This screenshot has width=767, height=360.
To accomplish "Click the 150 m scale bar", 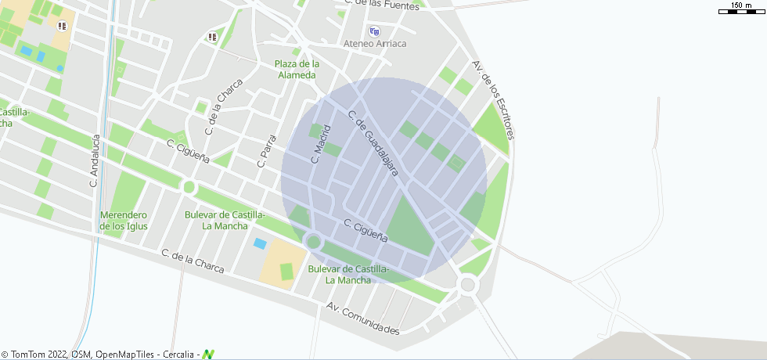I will (x=740, y=8).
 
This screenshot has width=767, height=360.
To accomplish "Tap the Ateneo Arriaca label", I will (x=375, y=44).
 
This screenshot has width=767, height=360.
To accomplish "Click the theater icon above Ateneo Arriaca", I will (x=374, y=31).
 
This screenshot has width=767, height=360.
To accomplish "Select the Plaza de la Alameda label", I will (x=297, y=70).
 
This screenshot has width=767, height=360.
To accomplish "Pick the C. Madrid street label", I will (x=322, y=144).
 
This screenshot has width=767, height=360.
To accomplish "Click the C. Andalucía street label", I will (x=95, y=161).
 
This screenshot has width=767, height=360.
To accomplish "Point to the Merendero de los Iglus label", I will (x=124, y=221).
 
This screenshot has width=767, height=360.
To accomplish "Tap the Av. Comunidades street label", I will (x=364, y=319).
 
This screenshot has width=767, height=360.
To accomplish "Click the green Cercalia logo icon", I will (x=208, y=355).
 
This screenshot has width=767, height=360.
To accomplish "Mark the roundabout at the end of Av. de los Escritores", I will (x=468, y=284).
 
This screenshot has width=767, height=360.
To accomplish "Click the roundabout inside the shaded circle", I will (x=314, y=242).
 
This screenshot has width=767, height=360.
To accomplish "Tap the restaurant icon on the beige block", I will (x=62, y=26).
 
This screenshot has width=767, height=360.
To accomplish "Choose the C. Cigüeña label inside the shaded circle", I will (x=366, y=230).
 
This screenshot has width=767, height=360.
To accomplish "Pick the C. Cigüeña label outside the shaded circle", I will (x=189, y=151).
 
